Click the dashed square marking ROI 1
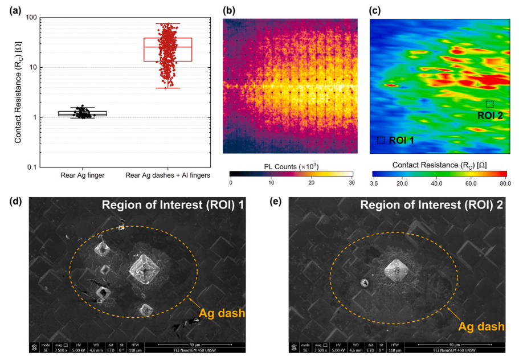381,140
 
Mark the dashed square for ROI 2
489,104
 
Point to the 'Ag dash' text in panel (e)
482,326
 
